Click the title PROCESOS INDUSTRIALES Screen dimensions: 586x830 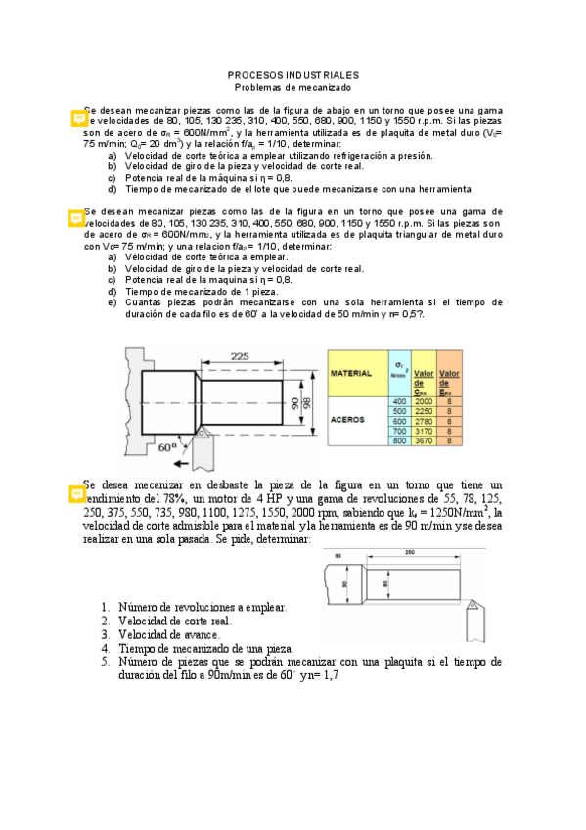click(x=293, y=74)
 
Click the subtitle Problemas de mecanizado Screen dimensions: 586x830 click(x=293, y=86)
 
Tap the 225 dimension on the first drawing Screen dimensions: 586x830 click(x=239, y=357)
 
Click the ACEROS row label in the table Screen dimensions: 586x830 click(x=349, y=418)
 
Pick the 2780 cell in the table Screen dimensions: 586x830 click(x=424, y=420)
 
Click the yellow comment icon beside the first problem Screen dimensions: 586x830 click(x=78, y=118)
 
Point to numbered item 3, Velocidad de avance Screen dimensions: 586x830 click(x=163, y=634)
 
